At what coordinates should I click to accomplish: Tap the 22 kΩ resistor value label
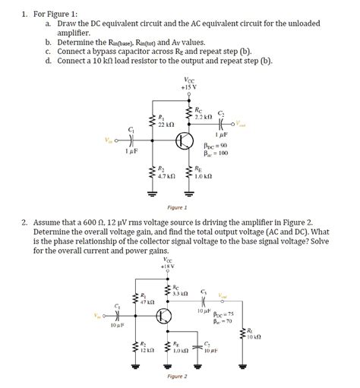[166, 124]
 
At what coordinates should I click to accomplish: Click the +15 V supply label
[188, 87]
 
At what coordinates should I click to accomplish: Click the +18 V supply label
[167, 267]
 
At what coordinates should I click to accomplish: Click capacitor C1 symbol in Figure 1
[134, 140]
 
